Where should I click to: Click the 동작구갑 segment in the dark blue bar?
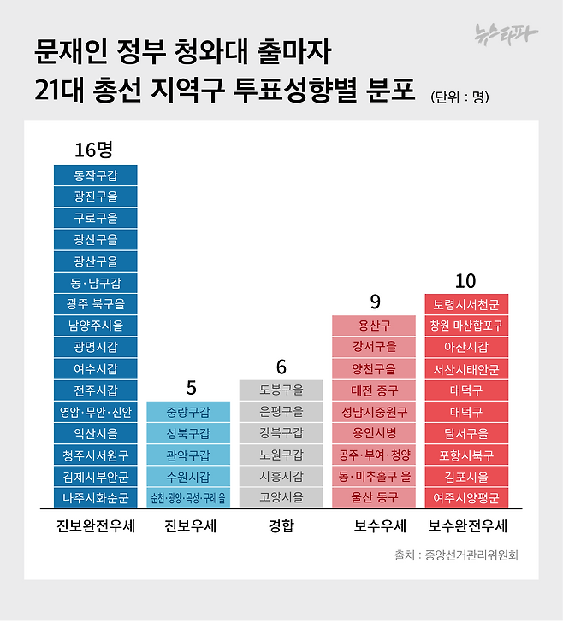95,176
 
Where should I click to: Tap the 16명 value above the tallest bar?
94,150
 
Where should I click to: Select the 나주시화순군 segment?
95,497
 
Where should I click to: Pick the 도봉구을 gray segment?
281,390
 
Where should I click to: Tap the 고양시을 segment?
281,497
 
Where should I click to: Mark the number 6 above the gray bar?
281,367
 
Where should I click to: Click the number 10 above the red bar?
465,281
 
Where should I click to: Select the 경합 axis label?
281,526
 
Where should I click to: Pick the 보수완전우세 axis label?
467,526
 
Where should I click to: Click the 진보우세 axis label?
189,526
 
